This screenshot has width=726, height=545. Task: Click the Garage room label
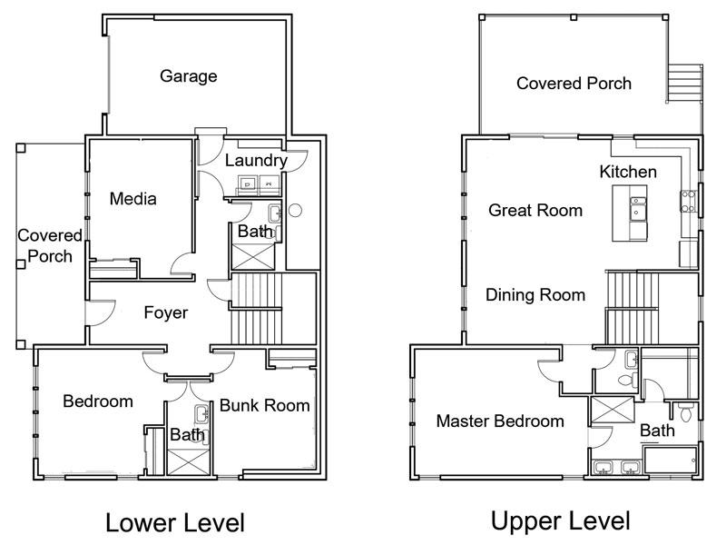point(189,76)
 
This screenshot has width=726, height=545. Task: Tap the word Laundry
point(256,161)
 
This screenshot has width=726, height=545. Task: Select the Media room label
point(132,199)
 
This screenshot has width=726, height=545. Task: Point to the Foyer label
point(166,312)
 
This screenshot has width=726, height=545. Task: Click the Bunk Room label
point(264,405)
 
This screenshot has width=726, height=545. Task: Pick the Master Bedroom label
point(500,421)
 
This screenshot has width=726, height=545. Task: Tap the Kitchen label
point(628,172)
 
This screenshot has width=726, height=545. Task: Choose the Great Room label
point(535,211)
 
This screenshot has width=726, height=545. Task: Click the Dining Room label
point(535,295)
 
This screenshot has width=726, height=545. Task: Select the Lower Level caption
point(175,523)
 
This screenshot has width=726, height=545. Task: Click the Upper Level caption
point(560,520)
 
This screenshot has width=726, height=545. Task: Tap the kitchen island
point(629,213)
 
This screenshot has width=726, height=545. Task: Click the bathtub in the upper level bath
point(670,460)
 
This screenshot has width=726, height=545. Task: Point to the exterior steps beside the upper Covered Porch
point(684,83)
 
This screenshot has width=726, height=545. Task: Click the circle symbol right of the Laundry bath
point(295,211)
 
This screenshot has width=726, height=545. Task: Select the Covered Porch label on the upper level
point(574,84)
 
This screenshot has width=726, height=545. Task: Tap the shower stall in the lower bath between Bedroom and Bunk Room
point(188,461)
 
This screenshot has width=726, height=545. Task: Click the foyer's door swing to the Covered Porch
point(100,312)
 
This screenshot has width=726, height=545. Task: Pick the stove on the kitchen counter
point(688,201)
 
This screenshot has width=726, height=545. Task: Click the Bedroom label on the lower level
point(98,401)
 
